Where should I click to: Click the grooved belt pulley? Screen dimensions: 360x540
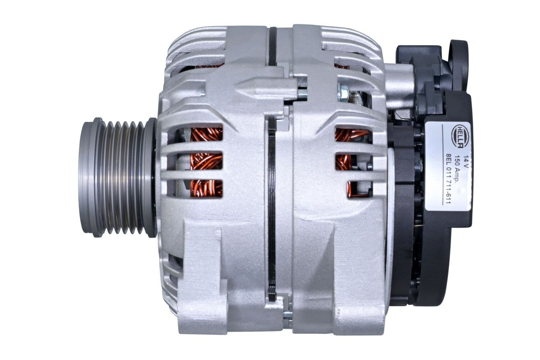(x=117, y=177)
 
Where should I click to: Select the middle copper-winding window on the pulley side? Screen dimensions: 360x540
(x=206, y=162)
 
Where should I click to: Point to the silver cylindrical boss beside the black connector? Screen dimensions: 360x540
(x=400, y=86)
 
